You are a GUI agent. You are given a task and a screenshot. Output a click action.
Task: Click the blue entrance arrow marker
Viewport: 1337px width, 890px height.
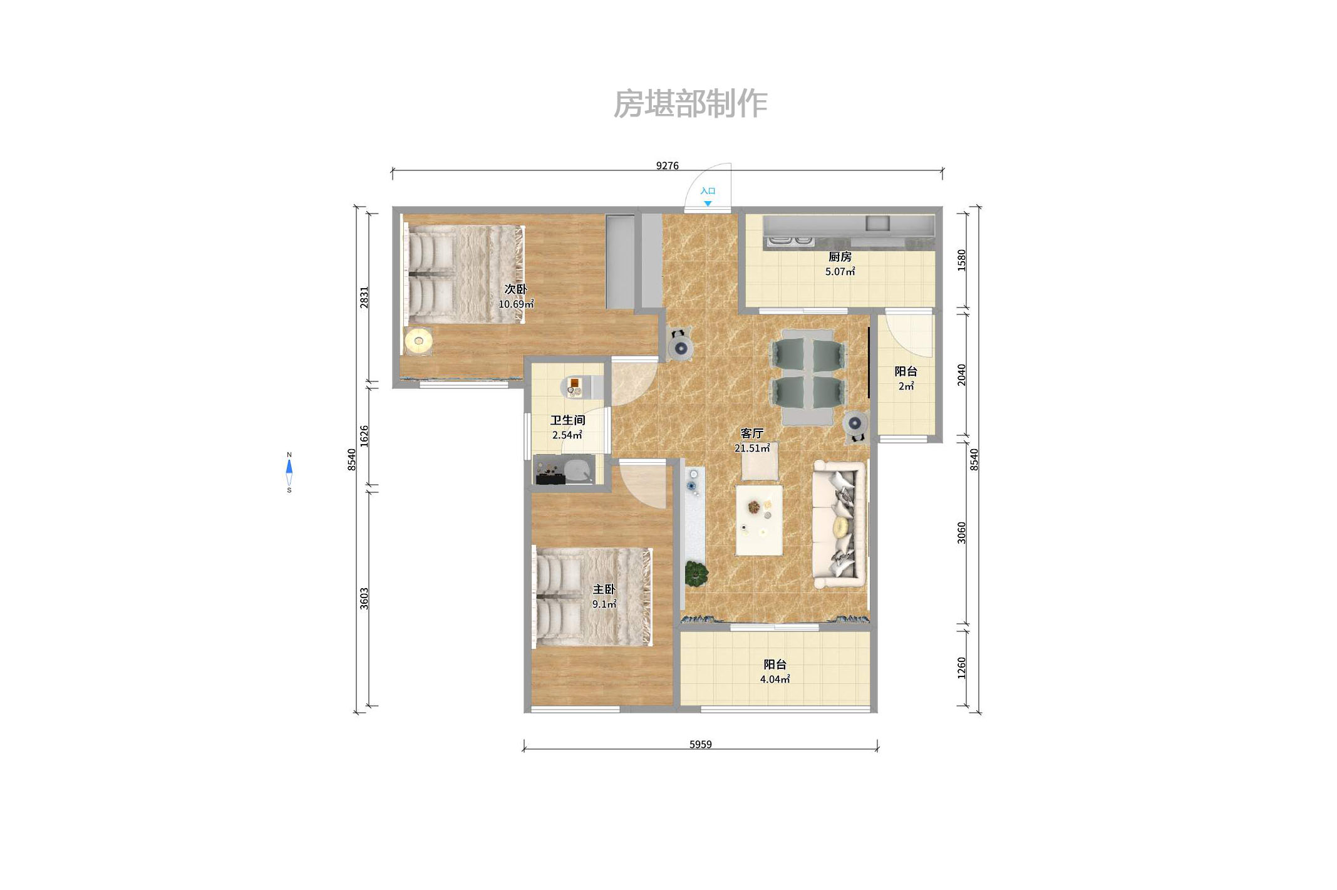[x=707, y=204]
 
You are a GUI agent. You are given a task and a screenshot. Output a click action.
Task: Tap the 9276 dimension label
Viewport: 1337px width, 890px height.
[x=667, y=165]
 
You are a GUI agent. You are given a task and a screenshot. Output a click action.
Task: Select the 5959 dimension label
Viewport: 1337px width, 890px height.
[x=700, y=744]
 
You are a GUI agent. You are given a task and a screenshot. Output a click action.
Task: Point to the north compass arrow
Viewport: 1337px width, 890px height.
[x=289, y=467]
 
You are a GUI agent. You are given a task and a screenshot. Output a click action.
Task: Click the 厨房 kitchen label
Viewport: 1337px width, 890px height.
[x=840, y=257]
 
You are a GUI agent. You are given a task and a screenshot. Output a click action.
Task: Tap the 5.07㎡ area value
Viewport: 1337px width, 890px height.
[x=840, y=272]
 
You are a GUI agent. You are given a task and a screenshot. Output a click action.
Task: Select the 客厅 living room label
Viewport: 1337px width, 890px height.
[x=751, y=433]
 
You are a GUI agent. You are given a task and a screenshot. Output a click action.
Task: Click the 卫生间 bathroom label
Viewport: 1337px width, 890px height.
[x=567, y=420]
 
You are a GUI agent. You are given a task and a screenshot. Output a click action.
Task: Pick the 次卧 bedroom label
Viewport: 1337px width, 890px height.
[x=515, y=289]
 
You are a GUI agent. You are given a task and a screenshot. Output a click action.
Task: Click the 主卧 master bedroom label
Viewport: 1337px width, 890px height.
[x=604, y=589]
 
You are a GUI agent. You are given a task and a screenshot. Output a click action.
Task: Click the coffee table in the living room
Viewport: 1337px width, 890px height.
[x=759, y=520]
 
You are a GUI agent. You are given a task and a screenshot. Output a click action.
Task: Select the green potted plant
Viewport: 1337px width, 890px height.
[x=696, y=573]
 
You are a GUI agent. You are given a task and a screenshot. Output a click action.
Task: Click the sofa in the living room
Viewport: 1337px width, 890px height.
[x=839, y=524]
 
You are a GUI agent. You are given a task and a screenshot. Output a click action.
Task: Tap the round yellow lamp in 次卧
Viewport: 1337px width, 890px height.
[x=418, y=341]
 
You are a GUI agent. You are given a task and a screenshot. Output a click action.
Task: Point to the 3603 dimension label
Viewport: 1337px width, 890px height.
[x=364, y=598]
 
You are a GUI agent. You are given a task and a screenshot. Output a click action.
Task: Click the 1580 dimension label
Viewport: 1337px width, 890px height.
[x=962, y=260]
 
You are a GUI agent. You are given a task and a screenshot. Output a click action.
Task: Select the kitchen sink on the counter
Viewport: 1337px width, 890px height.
[x=877, y=223]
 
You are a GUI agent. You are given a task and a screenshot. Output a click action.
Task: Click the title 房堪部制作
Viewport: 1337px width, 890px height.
[x=690, y=104]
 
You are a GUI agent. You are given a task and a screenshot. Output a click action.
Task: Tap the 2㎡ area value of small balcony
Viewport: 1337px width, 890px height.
[x=906, y=386]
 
